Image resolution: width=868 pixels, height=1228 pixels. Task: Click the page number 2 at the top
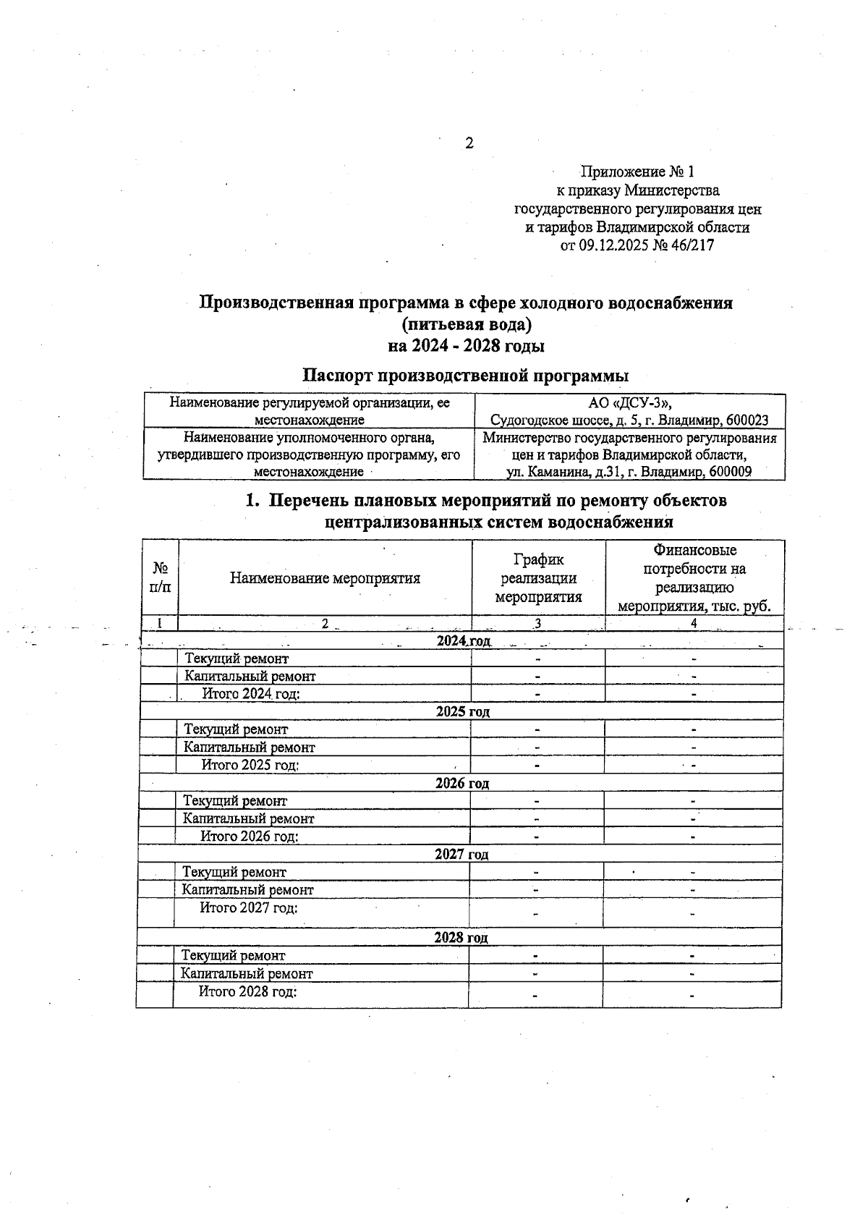[469, 143]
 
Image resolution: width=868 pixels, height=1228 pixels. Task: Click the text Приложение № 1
[637, 172]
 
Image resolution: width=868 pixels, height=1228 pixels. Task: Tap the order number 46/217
[693, 245]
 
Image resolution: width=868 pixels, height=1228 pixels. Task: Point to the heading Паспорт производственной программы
[465, 376]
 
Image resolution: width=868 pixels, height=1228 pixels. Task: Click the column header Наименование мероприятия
[325, 578]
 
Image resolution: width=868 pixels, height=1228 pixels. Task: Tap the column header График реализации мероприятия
[538, 578]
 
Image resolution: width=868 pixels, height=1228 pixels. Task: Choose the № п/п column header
[161, 578]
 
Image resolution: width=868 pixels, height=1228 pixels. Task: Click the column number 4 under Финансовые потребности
[694, 623]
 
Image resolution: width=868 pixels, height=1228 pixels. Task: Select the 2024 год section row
[463, 641]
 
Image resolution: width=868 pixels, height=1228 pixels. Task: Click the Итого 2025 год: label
[250, 765]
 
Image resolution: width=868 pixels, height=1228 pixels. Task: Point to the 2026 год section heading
[461, 783]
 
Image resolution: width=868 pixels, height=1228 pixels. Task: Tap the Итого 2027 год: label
[249, 907]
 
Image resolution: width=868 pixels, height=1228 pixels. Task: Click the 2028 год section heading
[461, 937]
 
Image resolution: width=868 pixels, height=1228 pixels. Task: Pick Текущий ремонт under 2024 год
[237, 659]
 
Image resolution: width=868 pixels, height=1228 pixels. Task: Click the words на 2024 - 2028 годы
[466, 346]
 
